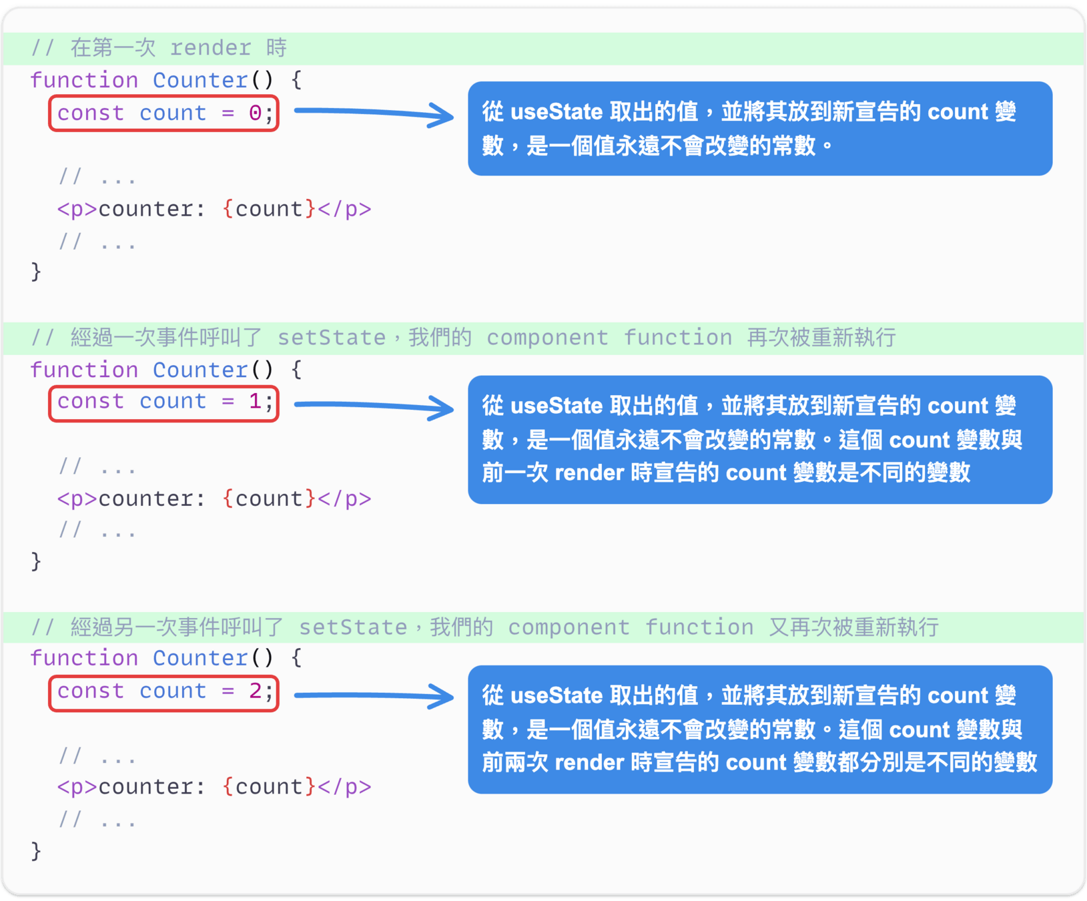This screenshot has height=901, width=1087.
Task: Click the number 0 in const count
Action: coord(255,113)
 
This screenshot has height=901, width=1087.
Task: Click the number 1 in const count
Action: coord(255,401)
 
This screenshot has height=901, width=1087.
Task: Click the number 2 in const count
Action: coord(255,691)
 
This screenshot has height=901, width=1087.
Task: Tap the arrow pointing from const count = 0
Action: coord(374,113)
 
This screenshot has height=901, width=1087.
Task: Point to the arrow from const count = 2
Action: coord(374,696)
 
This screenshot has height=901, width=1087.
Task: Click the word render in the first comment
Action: coord(210,48)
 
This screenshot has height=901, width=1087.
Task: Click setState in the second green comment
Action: coord(332,338)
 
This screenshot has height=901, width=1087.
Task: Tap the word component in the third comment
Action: coord(569,627)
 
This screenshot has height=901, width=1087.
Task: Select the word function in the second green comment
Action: coord(677,338)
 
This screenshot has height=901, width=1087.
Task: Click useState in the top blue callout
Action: coord(557,111)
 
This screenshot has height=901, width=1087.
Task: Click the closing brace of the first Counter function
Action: coord(36,272)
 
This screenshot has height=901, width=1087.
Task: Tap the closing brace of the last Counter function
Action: coord(36,851)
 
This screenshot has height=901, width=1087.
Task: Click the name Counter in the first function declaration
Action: coord(200,80)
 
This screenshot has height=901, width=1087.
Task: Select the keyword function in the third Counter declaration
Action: coord(84,658)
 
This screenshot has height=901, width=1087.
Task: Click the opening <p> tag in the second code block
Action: coord(77,499)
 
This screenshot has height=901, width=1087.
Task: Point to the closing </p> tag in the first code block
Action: coord(344,209)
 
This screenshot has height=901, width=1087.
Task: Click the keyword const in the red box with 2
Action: coord(91,691)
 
